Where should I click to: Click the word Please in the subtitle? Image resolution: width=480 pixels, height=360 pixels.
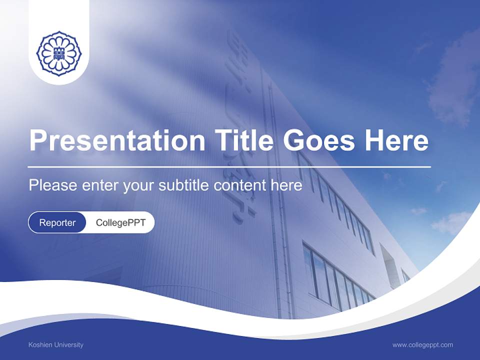coord(53,185)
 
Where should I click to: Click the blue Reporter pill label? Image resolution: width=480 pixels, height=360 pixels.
coord(57,222)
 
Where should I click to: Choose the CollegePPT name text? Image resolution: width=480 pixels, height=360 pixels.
coord(120,222)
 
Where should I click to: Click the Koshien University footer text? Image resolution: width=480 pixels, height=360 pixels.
coord(56,344)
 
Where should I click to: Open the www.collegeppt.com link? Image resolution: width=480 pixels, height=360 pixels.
coord(422,344)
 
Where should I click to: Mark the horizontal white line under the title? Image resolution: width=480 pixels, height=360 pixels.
coord(229,166)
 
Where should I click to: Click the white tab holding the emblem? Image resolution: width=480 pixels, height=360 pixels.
coord(59,75)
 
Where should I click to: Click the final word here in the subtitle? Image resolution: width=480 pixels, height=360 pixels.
coord(286,185)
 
